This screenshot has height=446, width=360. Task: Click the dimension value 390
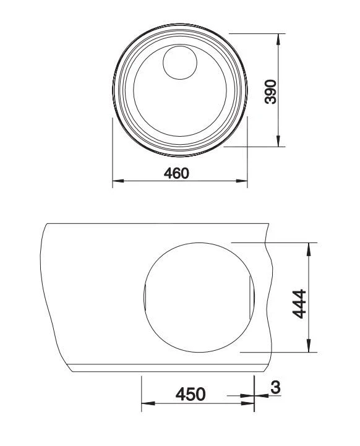pyautogui.click(x=270, y=91)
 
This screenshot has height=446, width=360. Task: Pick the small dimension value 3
pyautogui.click(x=275, y=388)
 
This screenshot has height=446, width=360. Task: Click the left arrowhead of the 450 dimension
pyautogui.click(x=147, y=405)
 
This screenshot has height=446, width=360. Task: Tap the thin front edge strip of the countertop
pyautogui.click(x=167, y=368)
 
